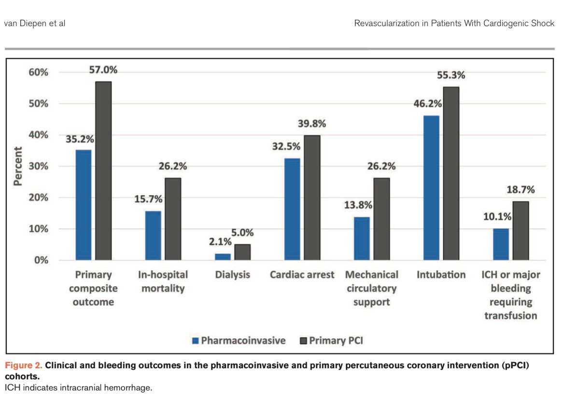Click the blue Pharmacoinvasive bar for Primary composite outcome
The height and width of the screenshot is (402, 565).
click(83, 205)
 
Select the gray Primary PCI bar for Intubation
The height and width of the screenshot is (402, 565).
click(451, 174)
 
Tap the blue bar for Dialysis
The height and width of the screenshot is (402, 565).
click(223, 257)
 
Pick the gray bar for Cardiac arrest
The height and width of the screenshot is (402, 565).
click(312, 198)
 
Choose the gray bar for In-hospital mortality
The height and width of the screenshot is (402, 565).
click(173, 219)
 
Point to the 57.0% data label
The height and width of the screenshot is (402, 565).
click(103, 70)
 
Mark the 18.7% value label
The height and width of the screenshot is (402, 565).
click(521, 190)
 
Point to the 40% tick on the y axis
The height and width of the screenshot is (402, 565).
click(37, 135)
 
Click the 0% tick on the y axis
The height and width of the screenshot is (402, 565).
click(41, 261)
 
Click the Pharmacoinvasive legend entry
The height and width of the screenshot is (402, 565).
click(239, 341)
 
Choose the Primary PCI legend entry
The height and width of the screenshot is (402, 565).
click(331, 341)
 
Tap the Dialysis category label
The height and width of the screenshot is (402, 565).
click(233, 275)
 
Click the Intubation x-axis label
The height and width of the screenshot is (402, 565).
click(441, 275)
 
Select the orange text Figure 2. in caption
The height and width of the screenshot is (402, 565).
click(23, 365)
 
